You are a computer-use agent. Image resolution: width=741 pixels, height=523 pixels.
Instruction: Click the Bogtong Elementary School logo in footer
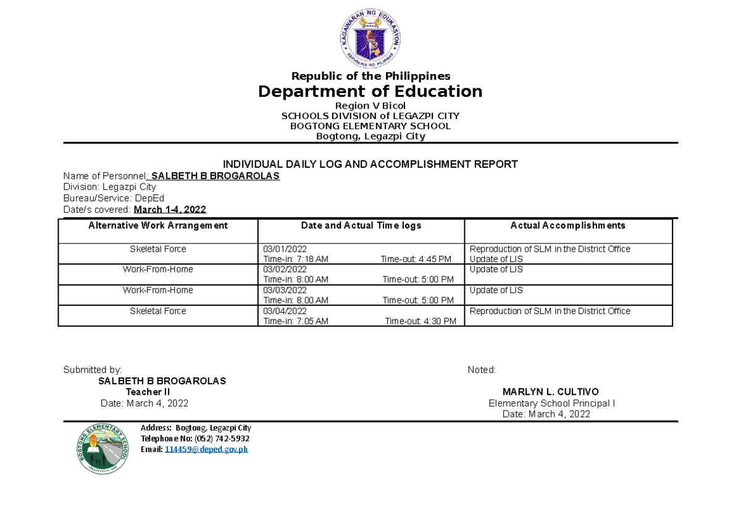pos(103,448)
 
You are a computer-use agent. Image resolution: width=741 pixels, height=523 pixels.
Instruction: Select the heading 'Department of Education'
pos(370,91)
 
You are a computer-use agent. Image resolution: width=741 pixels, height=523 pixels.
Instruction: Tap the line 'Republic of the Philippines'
pos(371,76)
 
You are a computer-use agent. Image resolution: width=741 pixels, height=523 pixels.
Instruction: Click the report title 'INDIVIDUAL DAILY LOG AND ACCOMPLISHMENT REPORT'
pos(370,164)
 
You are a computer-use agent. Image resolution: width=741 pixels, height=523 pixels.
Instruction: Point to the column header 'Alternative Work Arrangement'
pos(158,226)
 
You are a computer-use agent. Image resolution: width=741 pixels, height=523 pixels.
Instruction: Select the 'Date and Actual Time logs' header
pos(361,226)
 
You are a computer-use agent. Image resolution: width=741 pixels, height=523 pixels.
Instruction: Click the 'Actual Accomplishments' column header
pos(567,226)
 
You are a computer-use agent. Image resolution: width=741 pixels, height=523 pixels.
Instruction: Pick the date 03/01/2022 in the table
pos(285,249)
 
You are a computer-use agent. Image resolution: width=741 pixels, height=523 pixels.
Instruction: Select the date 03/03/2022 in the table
pos(285,290)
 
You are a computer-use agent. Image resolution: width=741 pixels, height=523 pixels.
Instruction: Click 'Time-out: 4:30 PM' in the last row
pos(421,321)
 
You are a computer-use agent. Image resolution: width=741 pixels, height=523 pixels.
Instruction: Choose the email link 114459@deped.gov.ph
pos(206,449)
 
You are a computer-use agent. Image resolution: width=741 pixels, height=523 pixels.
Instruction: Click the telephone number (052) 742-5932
pos(222,439)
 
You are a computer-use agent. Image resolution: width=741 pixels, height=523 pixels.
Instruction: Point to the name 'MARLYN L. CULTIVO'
pos(550,392)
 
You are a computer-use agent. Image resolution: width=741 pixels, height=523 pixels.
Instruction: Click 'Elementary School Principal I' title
pos(551,403)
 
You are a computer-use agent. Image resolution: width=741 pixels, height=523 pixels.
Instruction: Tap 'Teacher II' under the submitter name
pos(148,392)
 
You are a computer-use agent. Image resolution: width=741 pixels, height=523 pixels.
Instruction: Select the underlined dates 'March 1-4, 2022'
pos(170,210)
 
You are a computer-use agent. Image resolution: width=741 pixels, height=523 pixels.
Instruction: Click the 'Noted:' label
pos(482,370)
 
